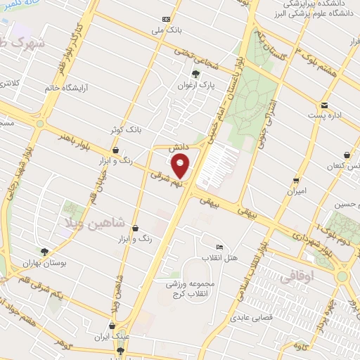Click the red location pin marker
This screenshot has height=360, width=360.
(x=181, y=166)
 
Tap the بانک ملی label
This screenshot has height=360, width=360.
(x=165, y=32)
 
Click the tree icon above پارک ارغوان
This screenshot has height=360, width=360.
(x=195, y=73)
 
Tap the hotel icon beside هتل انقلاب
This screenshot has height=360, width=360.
(x=219, y=247)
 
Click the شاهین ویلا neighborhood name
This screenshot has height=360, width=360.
(x=104, y=224)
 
